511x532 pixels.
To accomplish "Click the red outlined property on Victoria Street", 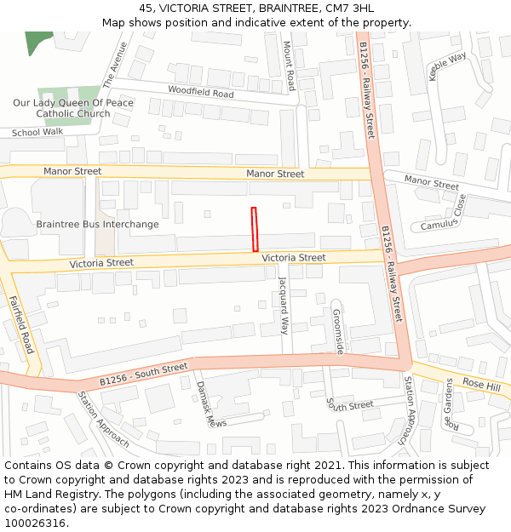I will click(254, 229).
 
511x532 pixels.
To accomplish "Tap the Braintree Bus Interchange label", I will click(97, 225).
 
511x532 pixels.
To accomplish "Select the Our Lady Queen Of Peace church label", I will click(73, 108).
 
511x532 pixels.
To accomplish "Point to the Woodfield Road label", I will click(200, 92).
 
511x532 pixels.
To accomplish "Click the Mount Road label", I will click(289, 66).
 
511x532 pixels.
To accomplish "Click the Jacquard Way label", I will click(284, 305).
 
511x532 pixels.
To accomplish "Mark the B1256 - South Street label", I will click(143, 375).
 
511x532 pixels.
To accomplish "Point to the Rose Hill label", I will click(481, 385).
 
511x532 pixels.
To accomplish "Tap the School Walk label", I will click(37, 133).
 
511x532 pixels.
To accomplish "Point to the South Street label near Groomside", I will click(350, 406).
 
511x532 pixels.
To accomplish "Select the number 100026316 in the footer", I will click(34, 523).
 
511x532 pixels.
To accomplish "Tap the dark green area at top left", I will click(37, 41).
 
